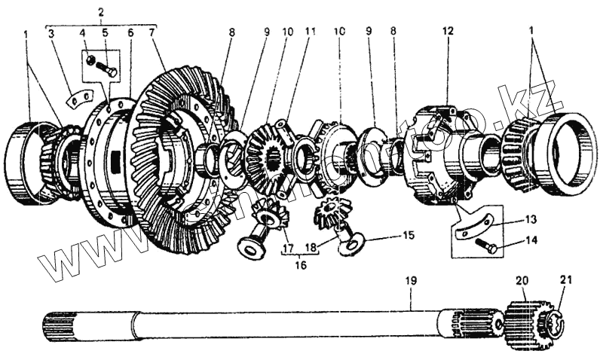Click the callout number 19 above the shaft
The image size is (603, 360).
[x=411, y=282]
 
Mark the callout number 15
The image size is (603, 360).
[x=409, y=236]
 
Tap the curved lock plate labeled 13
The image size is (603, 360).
[x=476, y=225]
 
